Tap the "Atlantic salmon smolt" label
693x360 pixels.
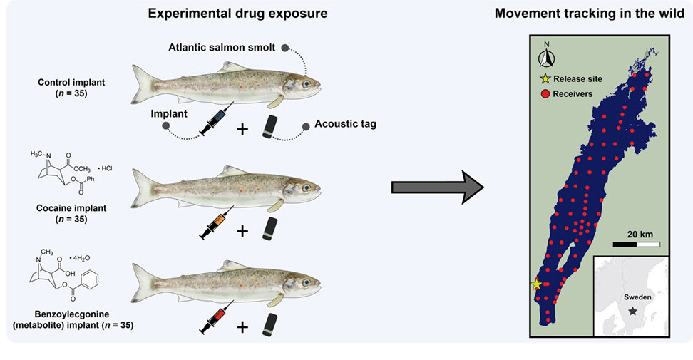point(223,48)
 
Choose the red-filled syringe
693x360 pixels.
point(213,319)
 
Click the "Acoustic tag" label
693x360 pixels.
point(345,124)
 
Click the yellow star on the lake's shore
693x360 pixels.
point(536,284)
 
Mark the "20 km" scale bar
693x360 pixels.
point(636,245)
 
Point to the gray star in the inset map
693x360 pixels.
point(632,312)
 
